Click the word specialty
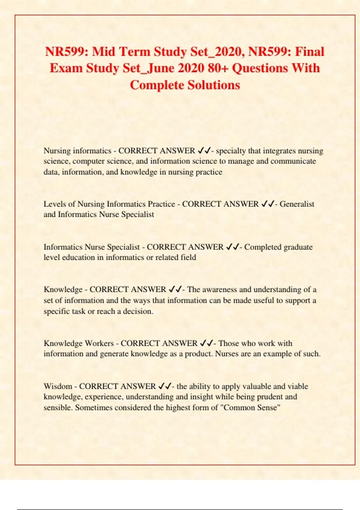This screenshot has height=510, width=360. click(231, 151)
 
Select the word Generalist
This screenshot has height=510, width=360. click(297, 204)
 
